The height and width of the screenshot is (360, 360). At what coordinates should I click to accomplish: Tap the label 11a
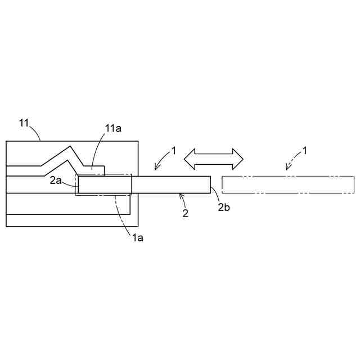point(113,128)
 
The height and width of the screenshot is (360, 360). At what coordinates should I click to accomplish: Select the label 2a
point(55,180)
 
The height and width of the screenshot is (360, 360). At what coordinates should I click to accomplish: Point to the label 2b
point(224,207)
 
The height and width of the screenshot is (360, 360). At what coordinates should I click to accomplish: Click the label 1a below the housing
point(137,237)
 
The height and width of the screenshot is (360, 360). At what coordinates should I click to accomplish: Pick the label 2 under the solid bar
point(185,213)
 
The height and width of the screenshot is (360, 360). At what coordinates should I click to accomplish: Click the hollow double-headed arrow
point(214,159)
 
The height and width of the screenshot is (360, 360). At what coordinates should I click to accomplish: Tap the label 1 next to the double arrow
point(174,150)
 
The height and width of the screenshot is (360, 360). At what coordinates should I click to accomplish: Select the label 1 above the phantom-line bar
point(305,150)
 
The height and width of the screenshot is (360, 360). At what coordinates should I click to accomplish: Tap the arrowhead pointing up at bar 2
point(181,196)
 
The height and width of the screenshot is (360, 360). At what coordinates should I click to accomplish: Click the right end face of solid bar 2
point(210,184)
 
